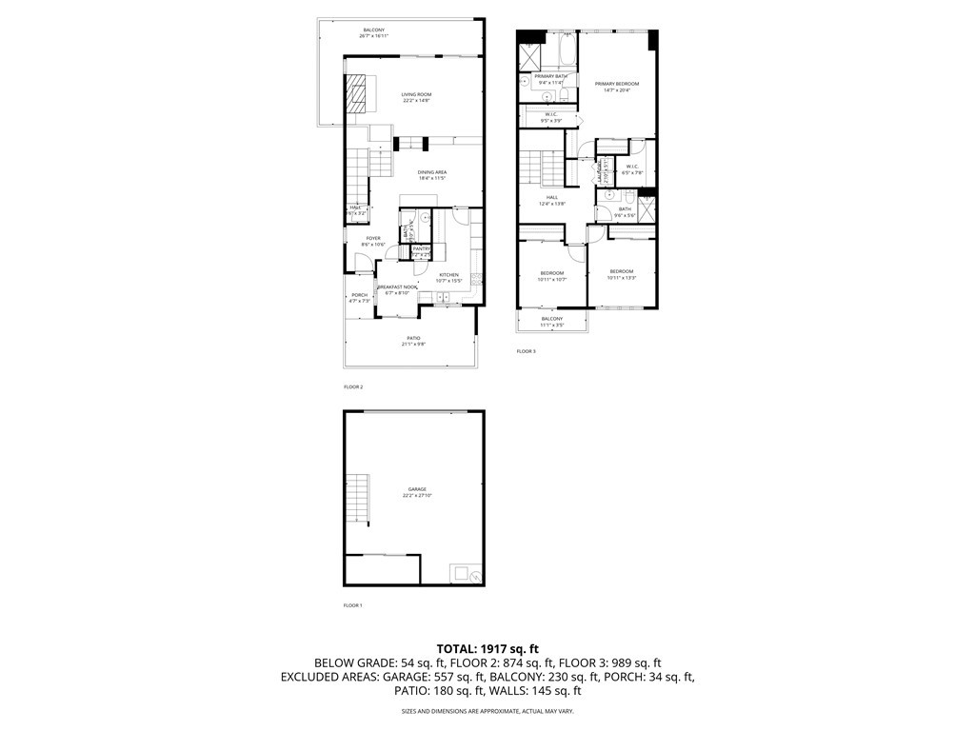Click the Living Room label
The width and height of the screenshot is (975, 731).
pos(416,97)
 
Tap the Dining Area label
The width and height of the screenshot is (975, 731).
pos(431,174)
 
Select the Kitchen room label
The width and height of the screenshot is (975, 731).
pos(448,277)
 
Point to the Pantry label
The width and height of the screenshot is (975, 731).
pos(422,251)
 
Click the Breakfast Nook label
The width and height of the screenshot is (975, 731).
pos(397,289)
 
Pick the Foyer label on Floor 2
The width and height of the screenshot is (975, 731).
pos(373,242)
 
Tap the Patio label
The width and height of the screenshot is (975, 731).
pos(413,340)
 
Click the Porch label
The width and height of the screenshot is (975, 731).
pos(360,298)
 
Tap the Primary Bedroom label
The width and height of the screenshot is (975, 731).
pos(617,87)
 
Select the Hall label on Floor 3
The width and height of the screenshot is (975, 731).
pos(552,200)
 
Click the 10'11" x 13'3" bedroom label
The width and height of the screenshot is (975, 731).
pos(623,274)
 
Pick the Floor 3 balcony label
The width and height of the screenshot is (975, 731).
pos(552,322)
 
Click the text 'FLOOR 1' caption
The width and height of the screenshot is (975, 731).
pos(352,605)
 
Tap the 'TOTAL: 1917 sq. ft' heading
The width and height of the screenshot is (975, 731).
pos(487,648)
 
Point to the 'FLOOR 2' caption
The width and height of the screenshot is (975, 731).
pos(353,387)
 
